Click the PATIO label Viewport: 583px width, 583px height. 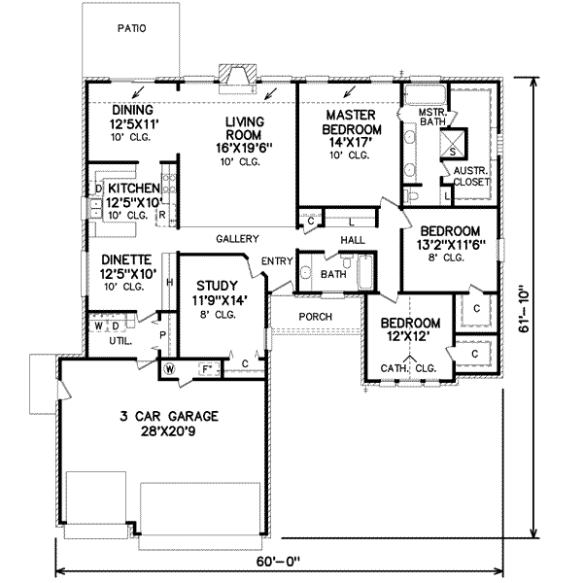coord(131,28)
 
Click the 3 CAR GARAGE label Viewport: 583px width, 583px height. coord(162,417)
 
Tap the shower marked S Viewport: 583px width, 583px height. coord(453,151)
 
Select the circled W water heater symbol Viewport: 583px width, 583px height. coord(169,367)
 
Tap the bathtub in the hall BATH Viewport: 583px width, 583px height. coord(364,270)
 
